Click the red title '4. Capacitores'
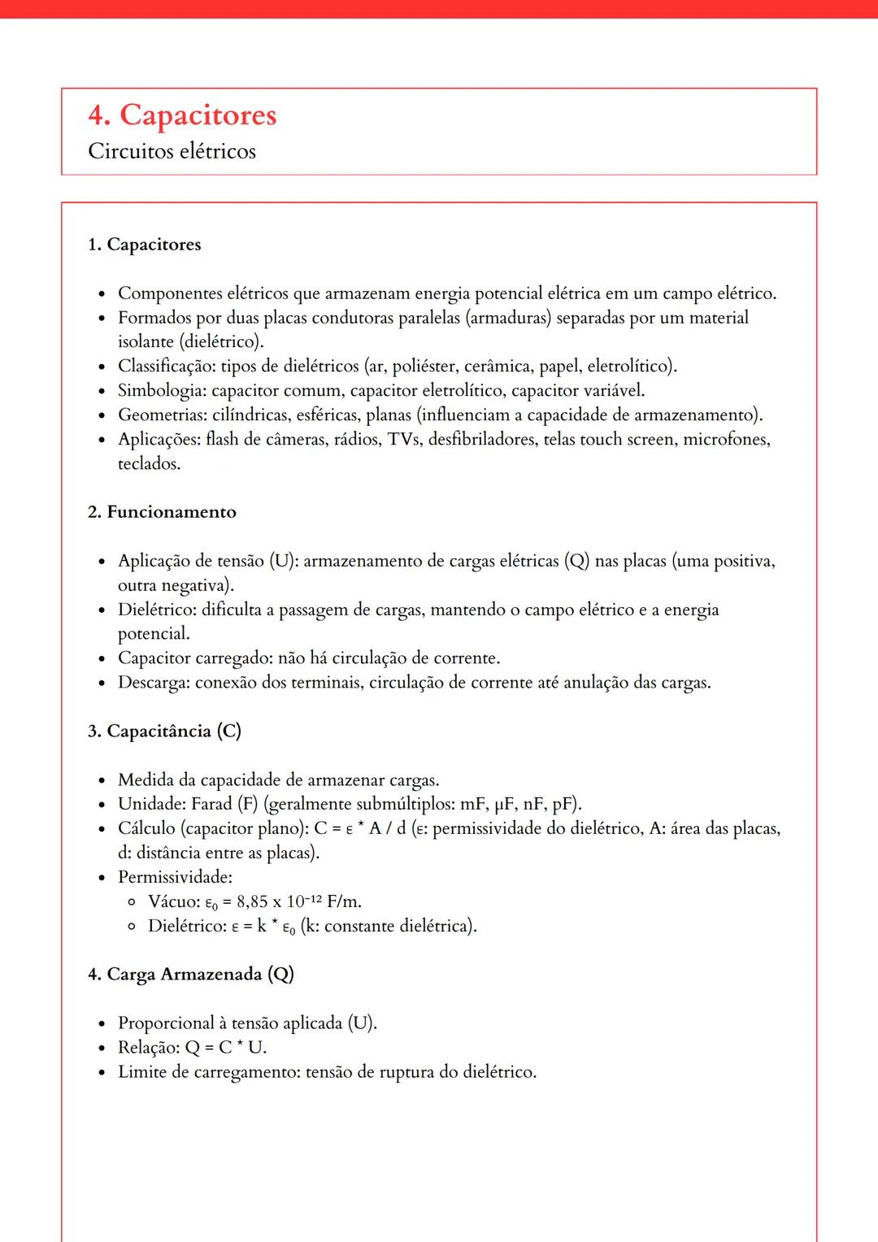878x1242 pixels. click(182, 115)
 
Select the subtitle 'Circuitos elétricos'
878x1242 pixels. click(172, 152)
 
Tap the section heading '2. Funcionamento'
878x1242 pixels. click(162, 512)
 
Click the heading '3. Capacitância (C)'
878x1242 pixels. click(164, 731)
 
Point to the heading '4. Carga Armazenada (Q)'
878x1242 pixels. click(190, 974)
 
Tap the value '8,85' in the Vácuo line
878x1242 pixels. click(252, 901)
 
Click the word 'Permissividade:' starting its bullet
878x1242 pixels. click(175, 877)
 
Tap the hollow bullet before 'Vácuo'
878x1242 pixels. click(132, 901)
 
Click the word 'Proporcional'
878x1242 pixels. click(166, 1023)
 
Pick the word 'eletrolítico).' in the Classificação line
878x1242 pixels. click(632, 367)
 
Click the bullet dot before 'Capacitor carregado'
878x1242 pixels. click(102, 659)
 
